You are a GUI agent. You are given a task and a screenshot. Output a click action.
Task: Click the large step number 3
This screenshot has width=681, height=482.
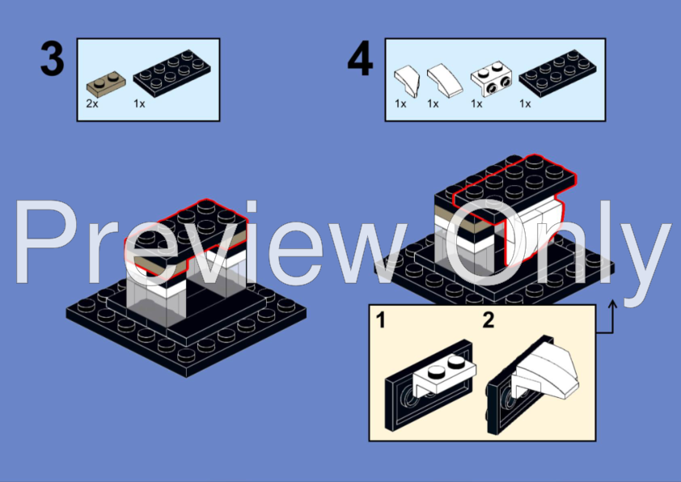tap(52, 59)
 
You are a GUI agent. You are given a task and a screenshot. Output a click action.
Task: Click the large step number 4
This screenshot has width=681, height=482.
tap(360, 59)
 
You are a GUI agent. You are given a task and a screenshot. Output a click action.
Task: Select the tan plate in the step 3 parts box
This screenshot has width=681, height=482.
tap(106, 84)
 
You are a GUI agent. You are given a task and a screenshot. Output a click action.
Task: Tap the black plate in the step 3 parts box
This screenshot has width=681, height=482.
tap(172, 73)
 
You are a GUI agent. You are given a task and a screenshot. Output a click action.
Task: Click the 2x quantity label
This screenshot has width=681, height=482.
tap(92, 104)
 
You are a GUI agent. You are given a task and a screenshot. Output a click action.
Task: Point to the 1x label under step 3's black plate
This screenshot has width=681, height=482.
tap(139, 104)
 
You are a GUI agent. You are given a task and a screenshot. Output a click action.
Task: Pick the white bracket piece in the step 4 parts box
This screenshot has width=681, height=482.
tap(491, 78)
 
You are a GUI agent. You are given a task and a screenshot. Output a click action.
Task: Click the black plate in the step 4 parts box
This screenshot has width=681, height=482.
tap(557, 73)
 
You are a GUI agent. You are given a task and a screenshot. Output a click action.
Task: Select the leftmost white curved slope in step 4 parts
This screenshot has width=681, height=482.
tap(407, 81)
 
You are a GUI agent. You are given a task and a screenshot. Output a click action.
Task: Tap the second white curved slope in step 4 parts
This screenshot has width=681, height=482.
tap(445, 80)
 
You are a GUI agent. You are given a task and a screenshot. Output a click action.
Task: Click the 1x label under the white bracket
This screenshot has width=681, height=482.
tap(476, 104)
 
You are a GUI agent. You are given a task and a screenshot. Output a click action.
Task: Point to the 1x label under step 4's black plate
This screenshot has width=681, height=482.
tap(525, 104)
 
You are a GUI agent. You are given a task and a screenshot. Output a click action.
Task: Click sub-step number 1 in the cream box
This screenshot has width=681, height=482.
tap(380, 320)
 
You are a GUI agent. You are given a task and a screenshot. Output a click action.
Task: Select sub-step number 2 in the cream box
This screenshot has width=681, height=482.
tap(489, 320)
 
